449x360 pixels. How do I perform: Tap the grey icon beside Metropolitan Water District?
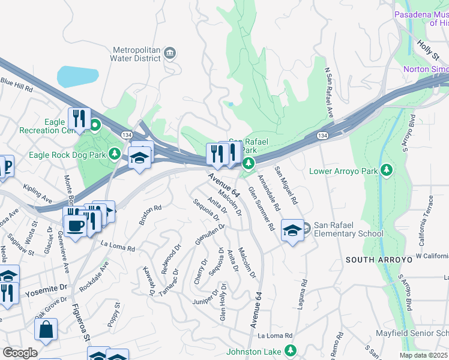click(x=170, y=54)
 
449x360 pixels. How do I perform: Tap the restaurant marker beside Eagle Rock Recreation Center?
click(x=79, y=118)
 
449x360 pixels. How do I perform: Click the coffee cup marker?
click(x=75, y=226)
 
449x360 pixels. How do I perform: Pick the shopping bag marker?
click(x=46, y=329)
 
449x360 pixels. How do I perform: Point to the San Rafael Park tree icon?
click(x=249, y=163)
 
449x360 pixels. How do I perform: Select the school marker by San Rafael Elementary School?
click(x=292, y=230)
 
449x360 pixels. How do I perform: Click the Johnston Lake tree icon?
click(x=291, y=350)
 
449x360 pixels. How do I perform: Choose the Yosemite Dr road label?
click(x=44, y=293)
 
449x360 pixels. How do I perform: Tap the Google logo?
click(x=20, y=353)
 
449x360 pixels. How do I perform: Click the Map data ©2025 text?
click(x=424, y=355)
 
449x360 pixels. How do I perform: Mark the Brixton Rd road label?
click(x=150, y=215)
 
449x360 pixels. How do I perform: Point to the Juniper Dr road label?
click(x=205, y=297)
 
